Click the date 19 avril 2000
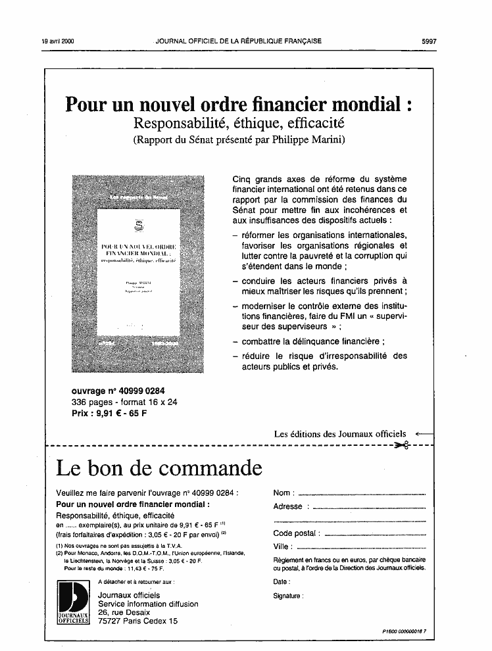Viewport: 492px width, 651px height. pos(58,41)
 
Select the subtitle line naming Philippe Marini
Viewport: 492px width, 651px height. pos(239,139)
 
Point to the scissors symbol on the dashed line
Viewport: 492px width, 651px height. pos(401,446)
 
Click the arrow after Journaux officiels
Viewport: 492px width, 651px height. pos(425,434)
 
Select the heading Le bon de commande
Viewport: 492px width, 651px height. pos(159,468)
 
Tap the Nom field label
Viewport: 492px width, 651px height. pos(283,493)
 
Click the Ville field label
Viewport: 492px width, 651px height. pos(282,546)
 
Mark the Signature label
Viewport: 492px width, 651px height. pos(288,596)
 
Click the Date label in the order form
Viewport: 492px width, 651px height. pos(281,582)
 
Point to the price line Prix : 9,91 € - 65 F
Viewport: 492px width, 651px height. pos(109,414)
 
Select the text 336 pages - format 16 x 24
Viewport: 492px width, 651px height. pos(124,402)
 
